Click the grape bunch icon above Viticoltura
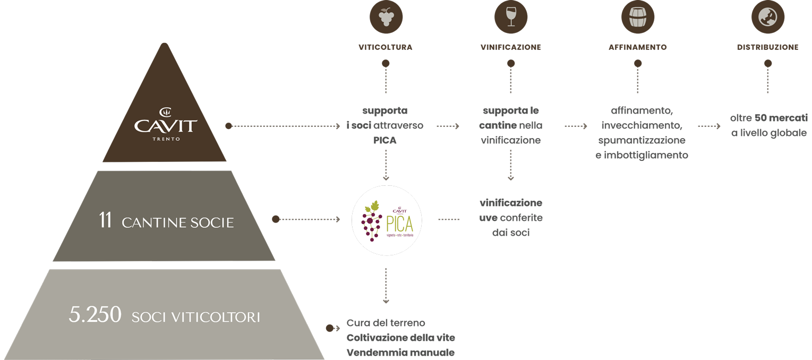386,16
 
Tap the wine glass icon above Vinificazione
511,16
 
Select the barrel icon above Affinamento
638,16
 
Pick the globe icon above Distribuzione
768,16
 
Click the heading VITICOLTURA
386,47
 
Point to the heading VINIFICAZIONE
511,47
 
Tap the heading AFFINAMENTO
638,47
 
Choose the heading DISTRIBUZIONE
768,47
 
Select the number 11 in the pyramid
106,220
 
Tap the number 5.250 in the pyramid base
95,314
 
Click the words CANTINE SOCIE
177,222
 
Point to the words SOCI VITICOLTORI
196,317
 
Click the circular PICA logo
387,220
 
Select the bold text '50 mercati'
781,118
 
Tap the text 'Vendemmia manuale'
400,353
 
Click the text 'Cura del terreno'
386,323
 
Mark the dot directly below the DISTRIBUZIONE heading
768,63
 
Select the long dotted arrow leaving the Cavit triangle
284,126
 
